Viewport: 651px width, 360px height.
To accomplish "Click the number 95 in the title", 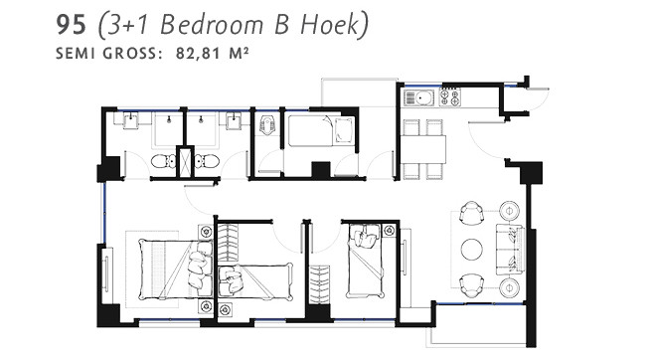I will point(74,25).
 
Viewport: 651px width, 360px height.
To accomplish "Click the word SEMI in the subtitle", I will point(78,53).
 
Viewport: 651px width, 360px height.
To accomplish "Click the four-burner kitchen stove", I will point(449,97).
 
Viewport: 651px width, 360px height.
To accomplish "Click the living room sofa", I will point(510,249).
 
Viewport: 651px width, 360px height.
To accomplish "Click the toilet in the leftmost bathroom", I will point(161,161).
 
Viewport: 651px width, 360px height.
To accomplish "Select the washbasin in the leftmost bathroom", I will point(130,120).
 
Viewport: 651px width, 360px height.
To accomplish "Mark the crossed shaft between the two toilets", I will point(184,162).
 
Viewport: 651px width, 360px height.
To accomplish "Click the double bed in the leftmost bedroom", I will point(164,269).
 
